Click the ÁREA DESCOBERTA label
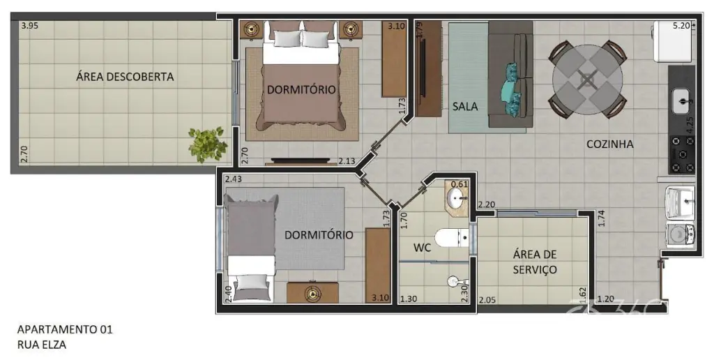(125, 77)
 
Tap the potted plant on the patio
(208, 144)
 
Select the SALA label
(465, 107)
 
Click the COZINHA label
(609, 144)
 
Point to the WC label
(422, 248)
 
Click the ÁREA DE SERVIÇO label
(535, 262)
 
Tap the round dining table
(588, 80)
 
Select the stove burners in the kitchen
(683, 154)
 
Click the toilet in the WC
(452, 238)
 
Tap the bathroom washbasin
(456, 198)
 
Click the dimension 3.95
(29, 26)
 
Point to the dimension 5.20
(682, 26)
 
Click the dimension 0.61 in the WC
(459, 184)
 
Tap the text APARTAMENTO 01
(65, 329)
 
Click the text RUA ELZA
(41, 345)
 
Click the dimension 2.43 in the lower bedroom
(234, 179)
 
